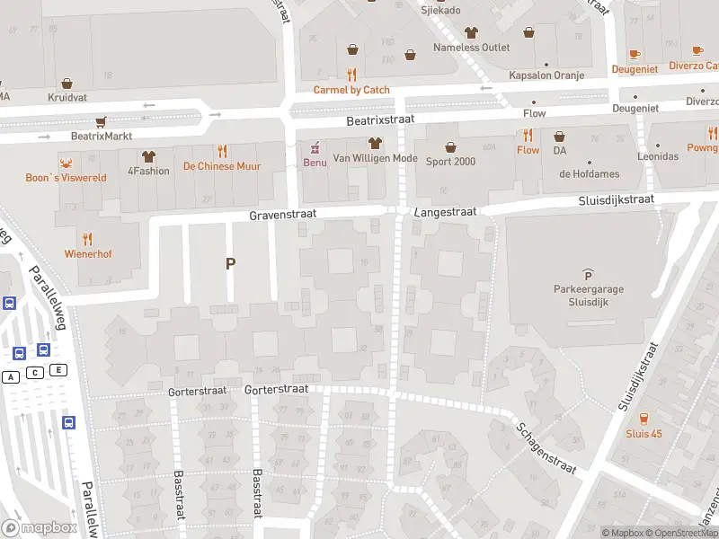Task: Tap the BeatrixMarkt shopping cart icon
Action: tap(102, 121)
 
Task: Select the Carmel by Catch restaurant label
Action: tap(351, 90)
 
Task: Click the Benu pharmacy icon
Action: tap(315, 147)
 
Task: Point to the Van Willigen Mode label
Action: tap(375, 158)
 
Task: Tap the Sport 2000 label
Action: tap(450, 162)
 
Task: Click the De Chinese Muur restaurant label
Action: tap(221, 166)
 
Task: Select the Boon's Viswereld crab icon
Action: tap(66, 163)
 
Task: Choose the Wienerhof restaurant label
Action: tap(88, 254)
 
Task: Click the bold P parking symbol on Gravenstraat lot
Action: tap(230, 263)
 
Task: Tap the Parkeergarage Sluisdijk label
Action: tap(588, 296)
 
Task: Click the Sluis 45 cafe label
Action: tap(644, 434)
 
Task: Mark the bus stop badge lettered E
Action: tap(59, 370)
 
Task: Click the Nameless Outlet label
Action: tap(471, 48)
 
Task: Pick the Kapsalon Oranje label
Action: tap(546, 76)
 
